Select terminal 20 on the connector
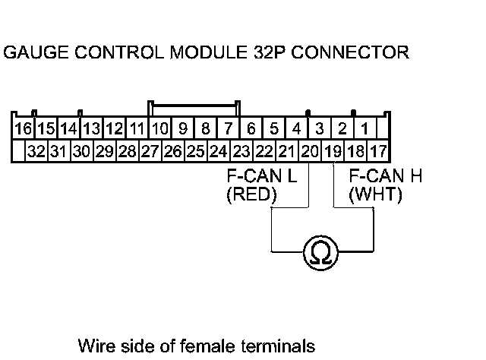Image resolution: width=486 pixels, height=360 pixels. click(x=309, y=150)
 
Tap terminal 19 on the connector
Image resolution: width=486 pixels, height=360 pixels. click(x=333, y=150)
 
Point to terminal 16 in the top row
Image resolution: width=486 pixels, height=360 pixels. click(x=24, y=128)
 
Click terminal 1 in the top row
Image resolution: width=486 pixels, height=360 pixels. click(x=365, y=128)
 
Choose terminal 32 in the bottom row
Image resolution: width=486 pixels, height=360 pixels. click(x=36, y=150)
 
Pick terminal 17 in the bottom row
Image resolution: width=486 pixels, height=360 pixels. click(x=378, y=150)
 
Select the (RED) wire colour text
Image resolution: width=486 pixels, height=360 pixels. click(x=252, y=195)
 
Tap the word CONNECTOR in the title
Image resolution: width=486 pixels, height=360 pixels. click(x=351, y=53)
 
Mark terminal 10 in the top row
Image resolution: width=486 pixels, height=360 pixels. click(x=159, y=128)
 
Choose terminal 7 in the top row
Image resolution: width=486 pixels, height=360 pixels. click(x=229, y=128)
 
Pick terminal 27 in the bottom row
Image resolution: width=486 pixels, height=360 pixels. click(x=150, y=150)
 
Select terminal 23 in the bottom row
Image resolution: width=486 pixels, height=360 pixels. click(x=241, y=150)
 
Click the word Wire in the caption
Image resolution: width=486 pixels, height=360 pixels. click(x=96, y=346)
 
